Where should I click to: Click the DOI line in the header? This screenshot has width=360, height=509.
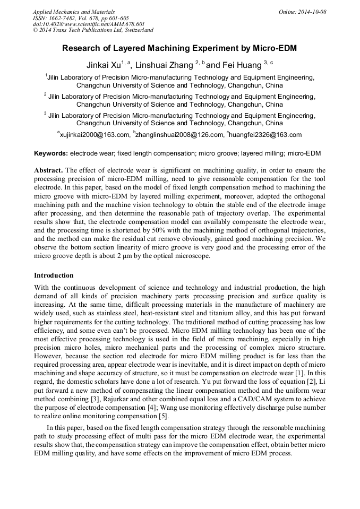point(89,24)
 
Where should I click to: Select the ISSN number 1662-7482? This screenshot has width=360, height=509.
point(64,18)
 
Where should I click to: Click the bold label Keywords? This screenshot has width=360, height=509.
point(51,153)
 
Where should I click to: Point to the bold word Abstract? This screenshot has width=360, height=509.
point(48,170)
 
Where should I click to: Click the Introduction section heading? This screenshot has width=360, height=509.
point(54,275)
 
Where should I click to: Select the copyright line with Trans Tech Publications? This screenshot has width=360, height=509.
point(93,30)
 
